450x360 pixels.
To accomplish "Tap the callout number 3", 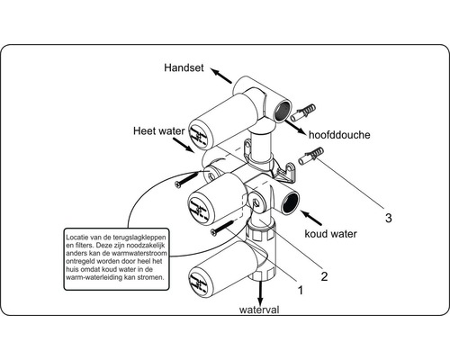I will tap(388, 217).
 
